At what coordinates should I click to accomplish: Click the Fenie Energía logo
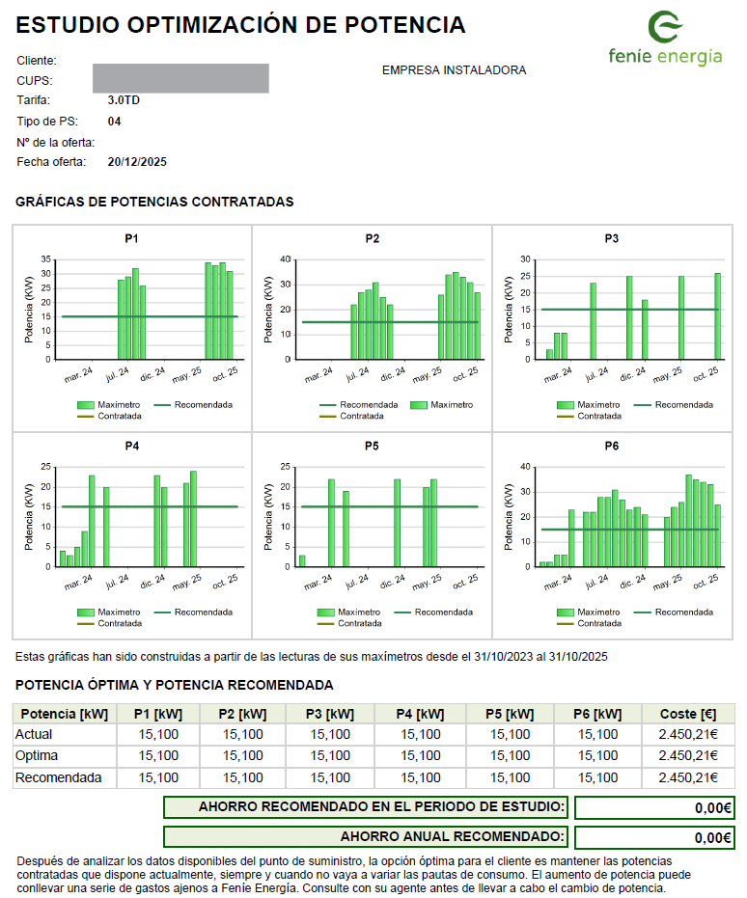point(665,39)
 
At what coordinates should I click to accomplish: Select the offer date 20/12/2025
point(137,162)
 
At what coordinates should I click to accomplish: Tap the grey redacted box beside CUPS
point(180,78)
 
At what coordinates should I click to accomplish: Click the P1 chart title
point(131,238)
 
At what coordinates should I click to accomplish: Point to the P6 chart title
point(612,447)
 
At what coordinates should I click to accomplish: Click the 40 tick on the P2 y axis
point(286,259)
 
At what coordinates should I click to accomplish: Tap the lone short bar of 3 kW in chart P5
point(302,560)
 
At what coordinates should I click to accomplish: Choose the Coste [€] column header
point(688,714)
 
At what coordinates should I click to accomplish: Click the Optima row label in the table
point(37,755)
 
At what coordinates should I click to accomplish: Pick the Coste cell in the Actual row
point(688,734)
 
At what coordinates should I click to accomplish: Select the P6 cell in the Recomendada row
point(595,777)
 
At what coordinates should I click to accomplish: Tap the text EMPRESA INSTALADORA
point(454,70)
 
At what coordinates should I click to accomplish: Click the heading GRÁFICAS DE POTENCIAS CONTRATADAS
point(154,203)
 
